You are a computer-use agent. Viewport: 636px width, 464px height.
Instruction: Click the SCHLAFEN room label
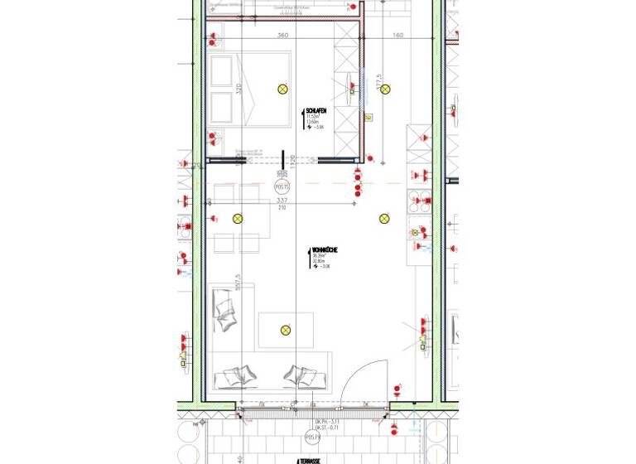(x=316, y=110)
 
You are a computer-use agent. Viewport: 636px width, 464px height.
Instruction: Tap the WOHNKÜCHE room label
(x=324, y=249)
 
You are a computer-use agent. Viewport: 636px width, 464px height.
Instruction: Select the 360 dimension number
(x=282, y=36)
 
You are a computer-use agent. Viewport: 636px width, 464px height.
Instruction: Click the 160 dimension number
(x=397, y=36)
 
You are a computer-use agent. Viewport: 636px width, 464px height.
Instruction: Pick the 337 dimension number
(x=282, y=201)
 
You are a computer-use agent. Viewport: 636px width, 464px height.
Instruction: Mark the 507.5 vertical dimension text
(x=238, y=283)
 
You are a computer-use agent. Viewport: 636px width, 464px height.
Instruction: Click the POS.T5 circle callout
(x=282, y=188)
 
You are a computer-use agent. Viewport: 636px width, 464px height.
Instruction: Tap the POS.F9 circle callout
(x=312, y=436)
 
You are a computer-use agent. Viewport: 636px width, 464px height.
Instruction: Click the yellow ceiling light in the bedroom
(x=282, y=89)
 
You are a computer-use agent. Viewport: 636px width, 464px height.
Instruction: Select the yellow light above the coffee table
(x=286, y=330)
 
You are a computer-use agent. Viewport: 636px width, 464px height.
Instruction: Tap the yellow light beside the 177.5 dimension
(x=385, y=89)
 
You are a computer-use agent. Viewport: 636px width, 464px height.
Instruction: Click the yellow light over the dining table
(x=238, y=219)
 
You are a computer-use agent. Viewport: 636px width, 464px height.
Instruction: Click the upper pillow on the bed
(x=221, y=73)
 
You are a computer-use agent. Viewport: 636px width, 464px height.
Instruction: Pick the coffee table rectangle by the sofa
(x=286, y=330)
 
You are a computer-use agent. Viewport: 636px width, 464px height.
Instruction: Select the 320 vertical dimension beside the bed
(x=238, y=89)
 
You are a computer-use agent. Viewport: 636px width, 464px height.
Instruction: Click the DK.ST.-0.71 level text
(x=312, y=428)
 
